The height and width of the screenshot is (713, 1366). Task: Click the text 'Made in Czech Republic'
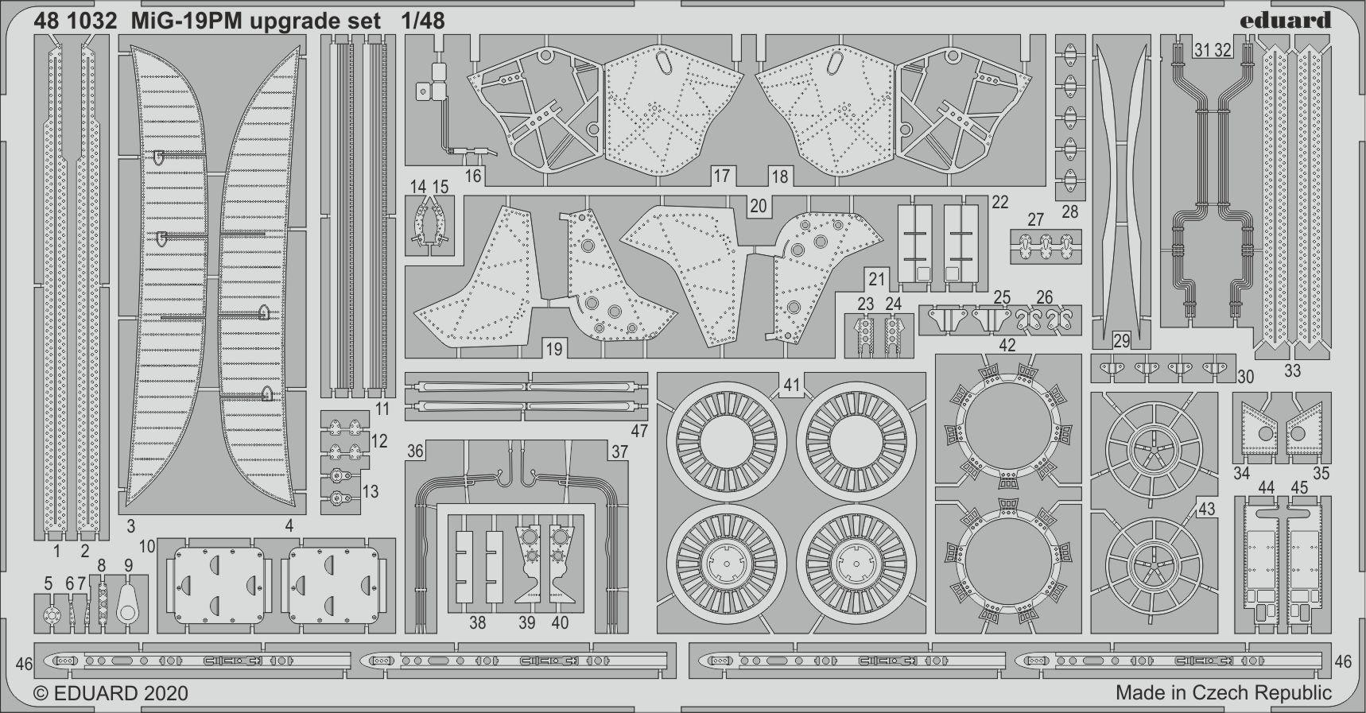coord(1223,692)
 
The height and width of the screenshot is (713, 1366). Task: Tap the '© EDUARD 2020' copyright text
coord(111,693)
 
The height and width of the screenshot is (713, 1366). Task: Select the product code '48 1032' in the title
coord(76,21)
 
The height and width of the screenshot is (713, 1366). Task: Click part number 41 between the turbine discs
coord(791,386)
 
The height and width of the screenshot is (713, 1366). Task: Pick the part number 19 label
coord(553,348)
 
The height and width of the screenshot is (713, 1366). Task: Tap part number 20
coord(758,206)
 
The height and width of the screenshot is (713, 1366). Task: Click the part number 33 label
coord(1292,370)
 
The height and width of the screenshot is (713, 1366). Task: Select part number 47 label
coord(638,431)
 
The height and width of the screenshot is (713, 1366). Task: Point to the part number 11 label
coord(382,409)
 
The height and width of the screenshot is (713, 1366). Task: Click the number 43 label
coord(1206,509)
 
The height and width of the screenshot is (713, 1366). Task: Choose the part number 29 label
coord(1122,341)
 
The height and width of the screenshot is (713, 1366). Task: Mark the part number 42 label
coord(1007,344)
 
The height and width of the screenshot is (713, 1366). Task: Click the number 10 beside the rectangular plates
coord(146,547)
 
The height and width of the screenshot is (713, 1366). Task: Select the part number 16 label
coord(473,175)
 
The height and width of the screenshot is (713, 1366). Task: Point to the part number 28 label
coord(1069,211)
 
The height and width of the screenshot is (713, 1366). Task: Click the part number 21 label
coord(876,279)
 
